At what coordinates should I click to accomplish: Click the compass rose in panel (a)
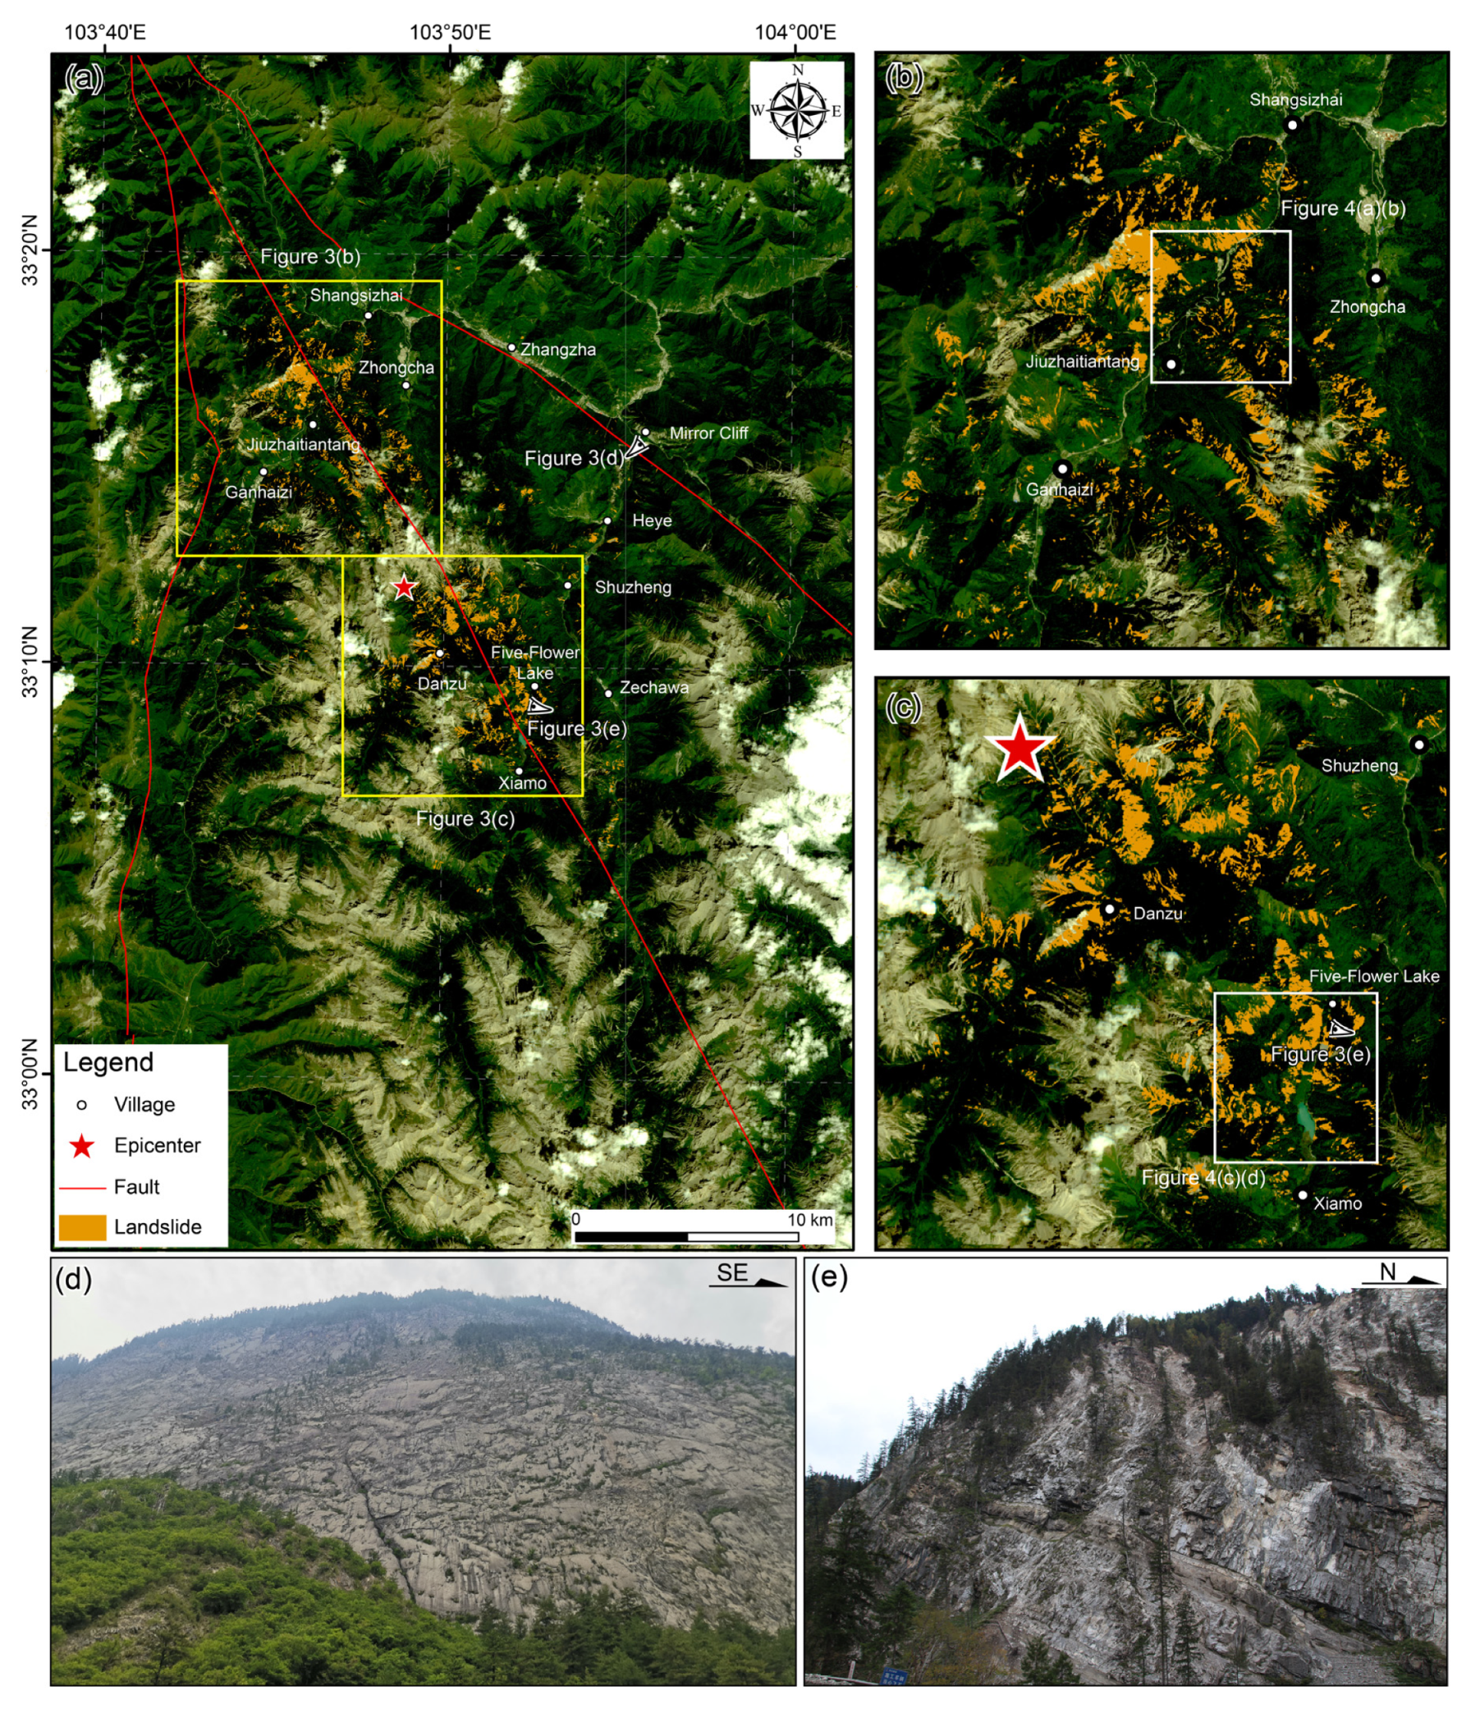pos(797,111)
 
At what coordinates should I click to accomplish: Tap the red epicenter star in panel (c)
pos(1021,749)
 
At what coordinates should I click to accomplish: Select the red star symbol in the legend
pos(82,1146)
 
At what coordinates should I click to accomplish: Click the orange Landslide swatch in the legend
pos(83,1227)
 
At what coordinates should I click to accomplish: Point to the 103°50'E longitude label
pos(450,32)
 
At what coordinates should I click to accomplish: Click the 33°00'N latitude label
pos(30,1074)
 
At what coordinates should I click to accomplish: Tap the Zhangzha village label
pos(557,350)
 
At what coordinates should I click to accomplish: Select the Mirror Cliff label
pos(708,433)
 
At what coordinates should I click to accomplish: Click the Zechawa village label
pos(654,687)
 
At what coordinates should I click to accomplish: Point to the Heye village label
pos(652,520)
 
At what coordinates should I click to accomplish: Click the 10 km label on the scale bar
pos(809,1220)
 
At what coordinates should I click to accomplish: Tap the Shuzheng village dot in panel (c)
pos(1419,745)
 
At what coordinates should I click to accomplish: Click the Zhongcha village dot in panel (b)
pos(1375,277)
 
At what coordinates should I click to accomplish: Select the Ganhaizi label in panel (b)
pos(1059,490)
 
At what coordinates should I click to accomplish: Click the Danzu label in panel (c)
pos(1158,914)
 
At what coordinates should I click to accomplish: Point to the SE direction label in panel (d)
pos(731,1273)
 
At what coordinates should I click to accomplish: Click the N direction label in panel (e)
pos(1387,1273)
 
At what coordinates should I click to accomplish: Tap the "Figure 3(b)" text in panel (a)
pos(310,257)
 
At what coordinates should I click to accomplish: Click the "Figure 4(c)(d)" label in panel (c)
pos(1203,1177)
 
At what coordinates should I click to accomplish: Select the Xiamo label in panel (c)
pos(1337,1203)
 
